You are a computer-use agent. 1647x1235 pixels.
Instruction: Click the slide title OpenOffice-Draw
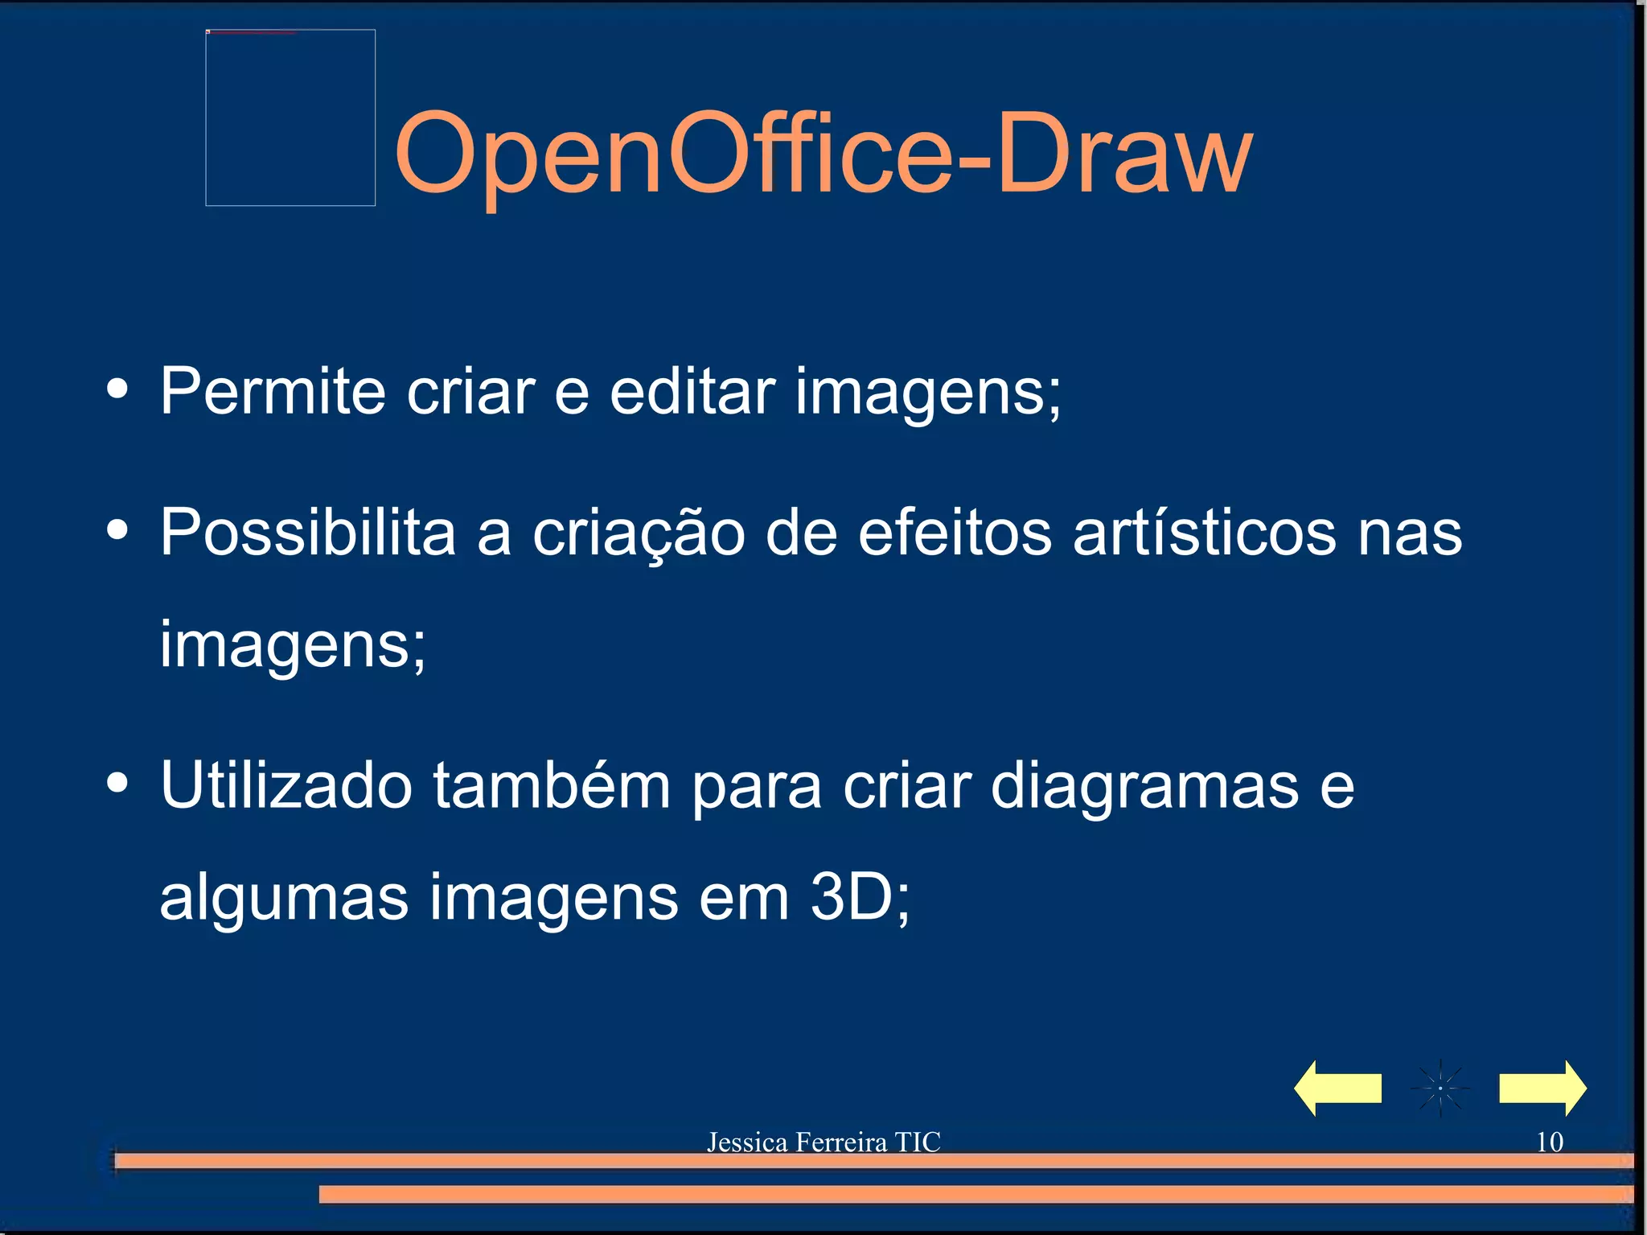coord(823,153)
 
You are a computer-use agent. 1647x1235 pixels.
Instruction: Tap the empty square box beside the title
coord(290,117)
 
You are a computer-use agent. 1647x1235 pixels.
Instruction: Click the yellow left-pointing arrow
coord(1337,1088)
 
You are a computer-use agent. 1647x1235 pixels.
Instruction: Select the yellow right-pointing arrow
coord(1542,1088)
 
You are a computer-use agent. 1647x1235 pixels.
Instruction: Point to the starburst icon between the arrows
coord(1440,1089)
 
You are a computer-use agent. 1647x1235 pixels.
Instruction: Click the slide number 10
coord(1549,1142)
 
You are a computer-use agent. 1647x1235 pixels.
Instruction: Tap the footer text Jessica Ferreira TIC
coord(823,1142)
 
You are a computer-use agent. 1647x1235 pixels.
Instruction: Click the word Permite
coord(273,391)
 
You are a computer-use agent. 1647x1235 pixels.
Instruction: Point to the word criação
coord(639,533)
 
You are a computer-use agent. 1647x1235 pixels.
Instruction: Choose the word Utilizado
coord(286,784)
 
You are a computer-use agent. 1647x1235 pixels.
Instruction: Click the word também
coord(552,784)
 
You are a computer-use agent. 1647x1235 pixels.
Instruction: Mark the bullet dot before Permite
coord(117,389)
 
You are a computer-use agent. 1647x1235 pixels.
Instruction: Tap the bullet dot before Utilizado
coord(117,783)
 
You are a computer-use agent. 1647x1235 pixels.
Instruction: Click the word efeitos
coord(955,532)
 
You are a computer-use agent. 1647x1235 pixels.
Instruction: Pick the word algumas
coord(284,898)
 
